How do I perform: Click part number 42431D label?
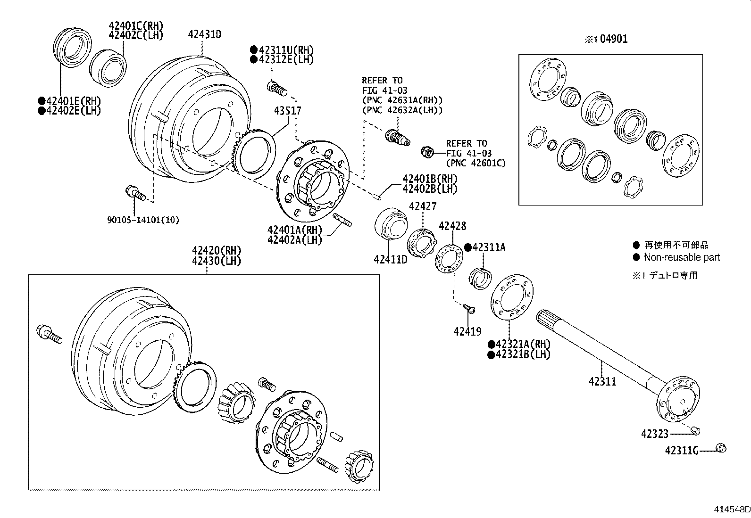pyautogui.click(x=205, y=34)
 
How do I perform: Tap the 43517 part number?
pyautogui.click(x=288, y=111)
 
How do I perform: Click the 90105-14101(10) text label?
pyautogui.click(x=143, y=220)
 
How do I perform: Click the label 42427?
pyautogui.click(x=423, y=206)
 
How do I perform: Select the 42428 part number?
pyautogui.click(x=452, y=226)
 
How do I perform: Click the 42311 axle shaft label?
pyautogui.click(x=602, y=381)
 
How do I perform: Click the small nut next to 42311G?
pyautogui.click(x=721, y=449)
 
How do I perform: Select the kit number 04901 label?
pyautogui.click(x=613, y=39)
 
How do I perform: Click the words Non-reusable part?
pyautogui.click(x=682, y=257)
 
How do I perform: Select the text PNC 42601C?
pyautogui.click(x=476, y=163)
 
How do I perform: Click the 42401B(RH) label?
pyautogui.click(x=430, y=179)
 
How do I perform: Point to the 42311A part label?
pyautogui.click(x=489, y=247)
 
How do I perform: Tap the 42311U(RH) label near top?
pyautogui.click(x=285, y=49)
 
